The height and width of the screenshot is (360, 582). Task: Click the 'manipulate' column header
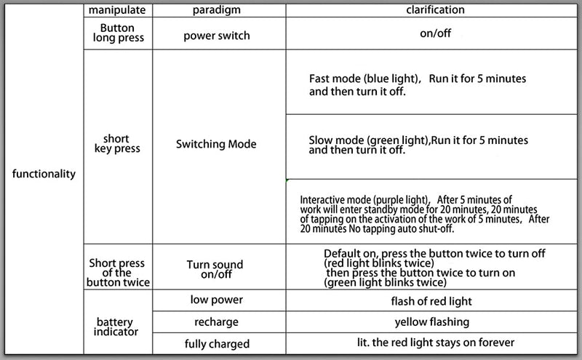[x=117, y=10]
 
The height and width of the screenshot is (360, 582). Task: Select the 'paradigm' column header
[x=216, y=10]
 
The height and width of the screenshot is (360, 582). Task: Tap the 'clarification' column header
[x=435, y=9]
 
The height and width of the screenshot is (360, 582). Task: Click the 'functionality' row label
[x=44, y=174]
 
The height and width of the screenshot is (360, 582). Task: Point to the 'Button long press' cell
[x=118, y=33]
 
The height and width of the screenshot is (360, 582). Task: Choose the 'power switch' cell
[x=217, y=36]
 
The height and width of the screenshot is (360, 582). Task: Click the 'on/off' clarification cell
[x=435, y=33]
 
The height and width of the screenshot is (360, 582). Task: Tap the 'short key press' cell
[x=117, y=143]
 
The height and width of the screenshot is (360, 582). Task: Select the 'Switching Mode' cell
[x=216, y=144]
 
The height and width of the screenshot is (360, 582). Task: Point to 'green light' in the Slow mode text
[x=397, y=140]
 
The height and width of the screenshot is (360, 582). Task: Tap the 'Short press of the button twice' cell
[x=118, y=273]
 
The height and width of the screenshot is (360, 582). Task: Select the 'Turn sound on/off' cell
[x=215, y=269]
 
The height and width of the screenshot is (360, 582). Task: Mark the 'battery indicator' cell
[x=116, y=327]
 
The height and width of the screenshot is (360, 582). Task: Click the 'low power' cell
[x=217, y=300]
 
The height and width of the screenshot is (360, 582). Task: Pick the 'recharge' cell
[x=216, y=322]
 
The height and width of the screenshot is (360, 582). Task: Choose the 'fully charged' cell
[x=217, y=344]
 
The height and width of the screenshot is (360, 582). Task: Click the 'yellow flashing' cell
[x=432, y=322]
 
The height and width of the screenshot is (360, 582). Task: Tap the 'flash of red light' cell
[x=431, y=301]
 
